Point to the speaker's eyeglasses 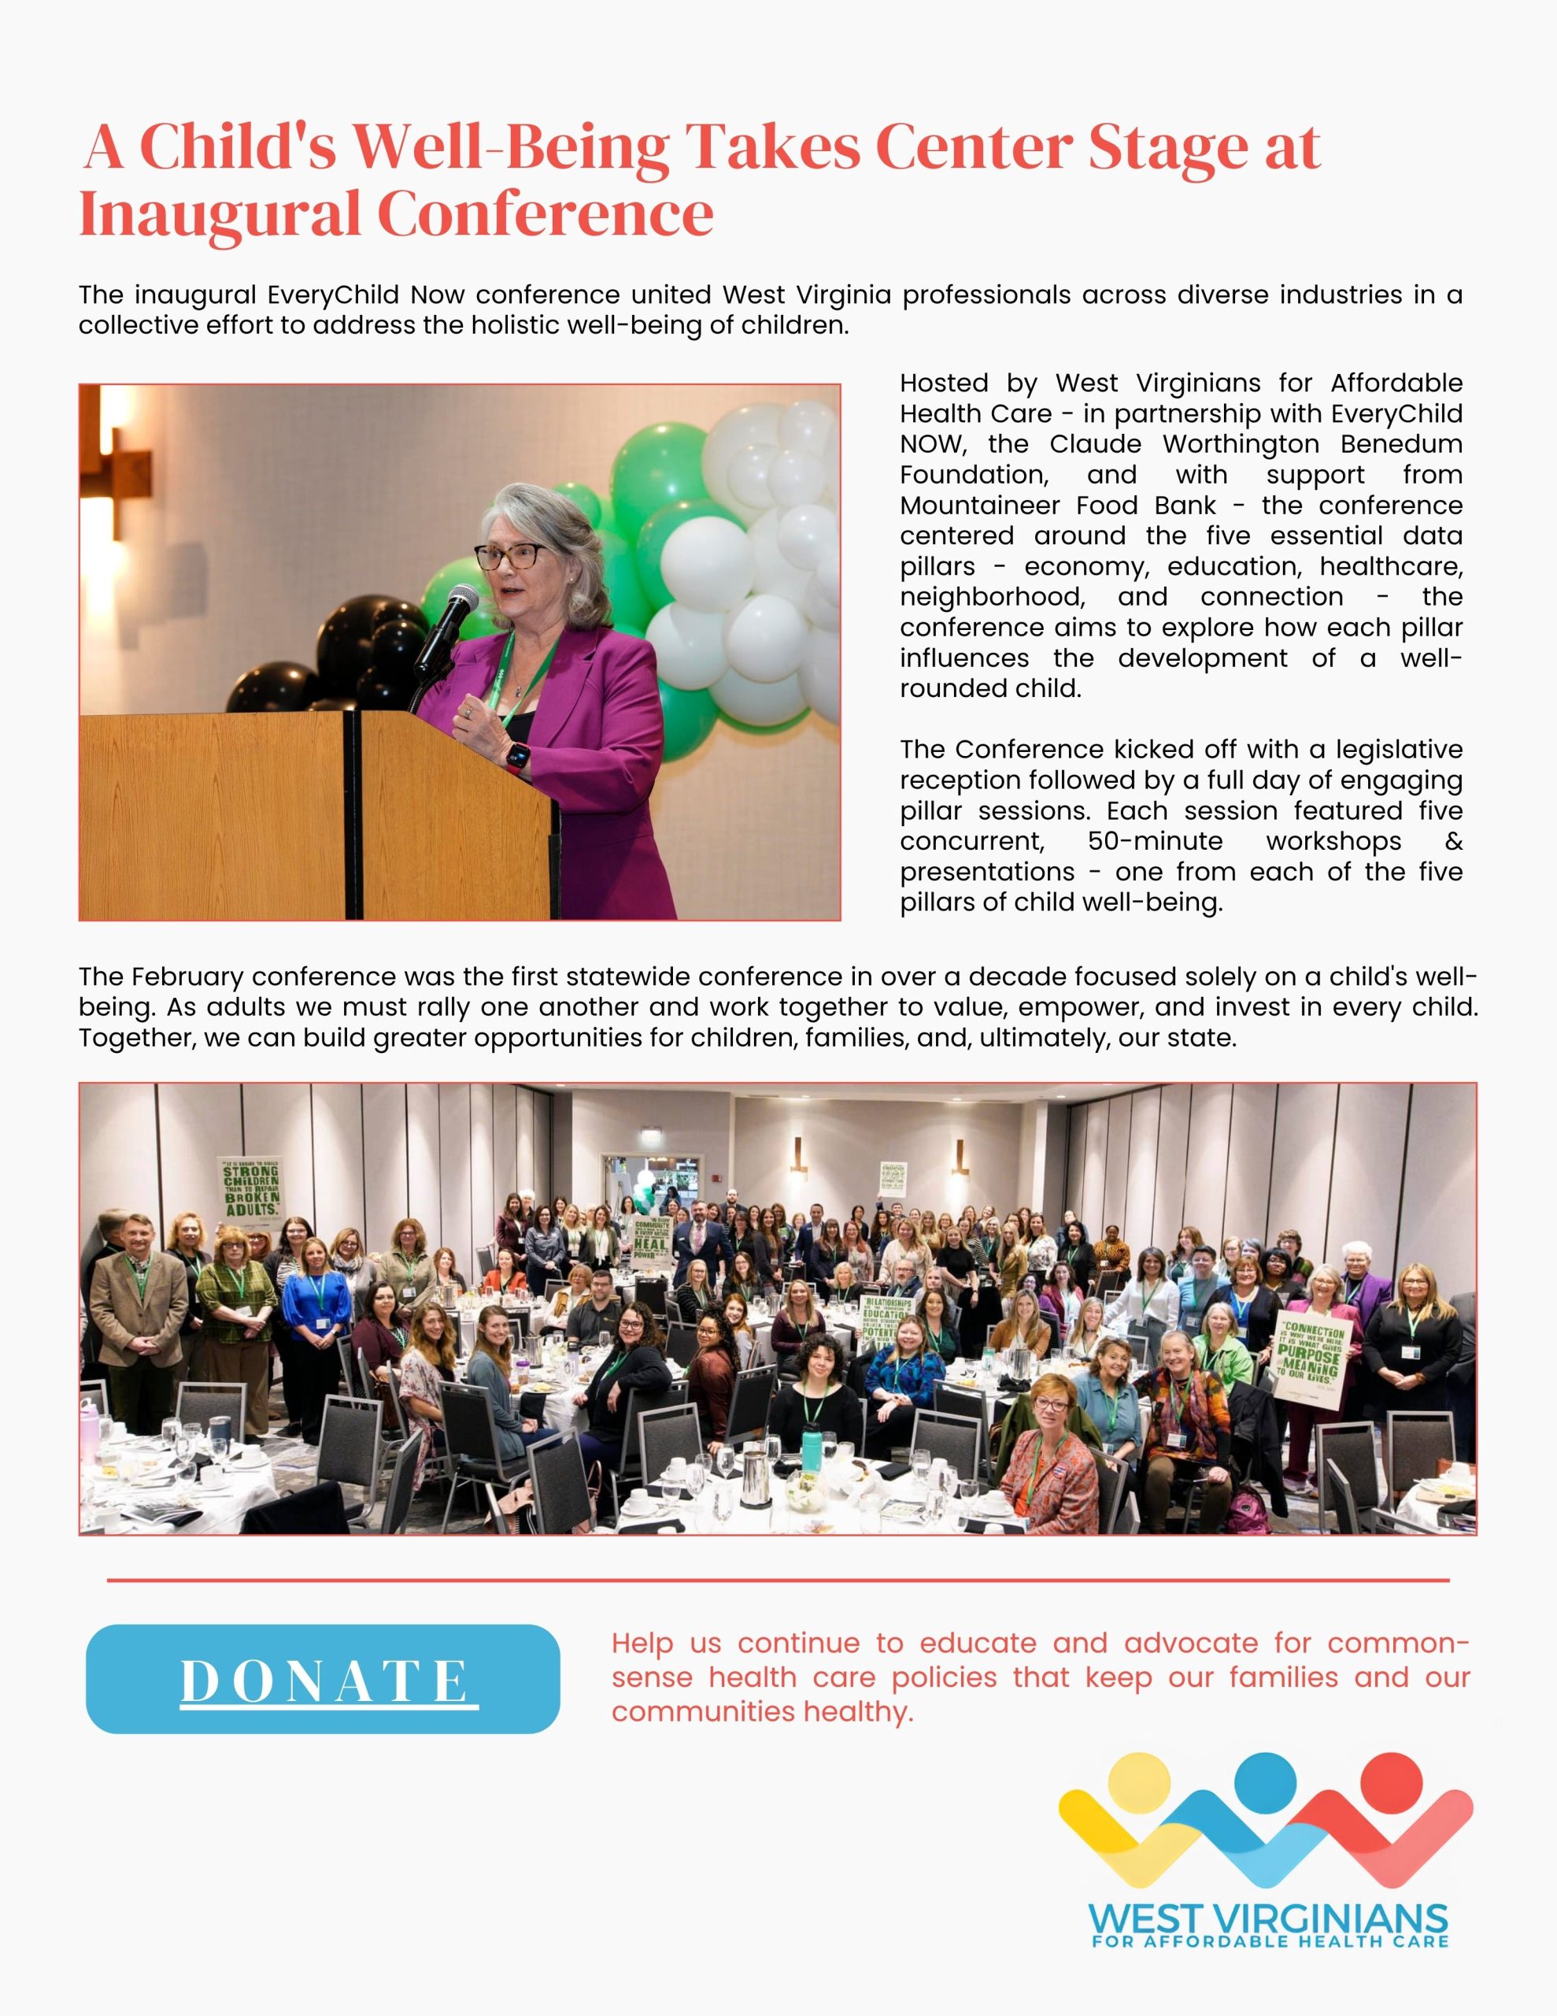point(509,556)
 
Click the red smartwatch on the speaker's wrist point(517,757)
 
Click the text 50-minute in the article point(1155,841)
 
